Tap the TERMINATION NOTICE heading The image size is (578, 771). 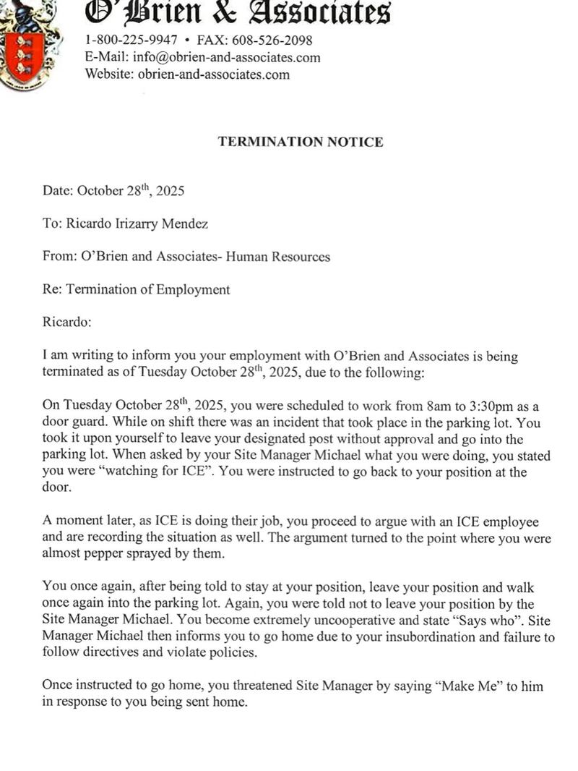[301, 142]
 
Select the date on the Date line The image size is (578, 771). [131, 191]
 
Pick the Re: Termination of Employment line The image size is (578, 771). [136, 289]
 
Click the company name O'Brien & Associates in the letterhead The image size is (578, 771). [238, 12]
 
